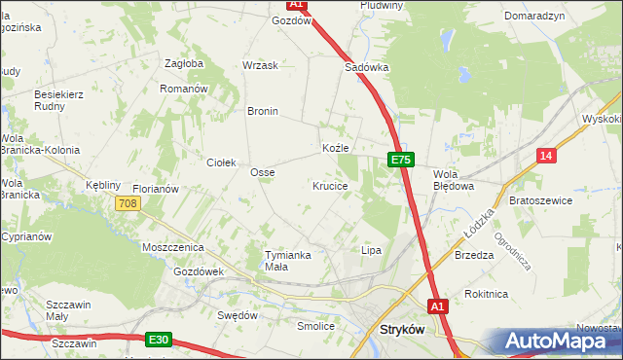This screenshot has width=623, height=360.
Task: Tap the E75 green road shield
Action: tap(400, 160)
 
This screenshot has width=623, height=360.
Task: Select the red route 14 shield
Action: tap(546, 155)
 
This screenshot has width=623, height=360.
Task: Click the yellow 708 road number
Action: tap(128, 203)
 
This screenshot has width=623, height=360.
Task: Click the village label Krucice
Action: tap(330, 185)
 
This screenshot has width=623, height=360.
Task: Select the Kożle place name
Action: tap(336, 148)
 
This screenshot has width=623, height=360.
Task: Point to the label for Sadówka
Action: tap(367, 68)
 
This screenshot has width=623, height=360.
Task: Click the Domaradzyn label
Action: tap(534, 17)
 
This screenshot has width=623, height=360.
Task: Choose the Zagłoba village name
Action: tap(184, 63)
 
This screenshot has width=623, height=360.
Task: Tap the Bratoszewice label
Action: tap(540, 199)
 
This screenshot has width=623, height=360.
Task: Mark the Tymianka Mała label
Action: tap(287, 260)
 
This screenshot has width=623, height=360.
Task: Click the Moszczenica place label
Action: tap(170, 248)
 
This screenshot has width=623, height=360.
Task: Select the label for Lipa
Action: tap(371, 250)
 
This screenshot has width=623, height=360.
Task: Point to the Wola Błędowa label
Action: tap(453, 179)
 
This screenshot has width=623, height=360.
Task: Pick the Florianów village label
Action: tap(155, 189)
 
